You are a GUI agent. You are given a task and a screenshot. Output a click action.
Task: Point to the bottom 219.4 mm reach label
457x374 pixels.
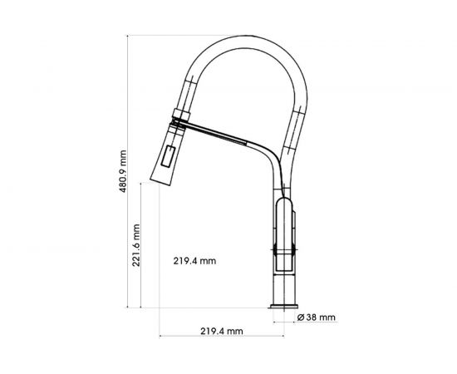coord(221,331)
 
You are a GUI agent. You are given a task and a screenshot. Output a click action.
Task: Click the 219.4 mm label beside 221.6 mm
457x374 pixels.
coord(195,261)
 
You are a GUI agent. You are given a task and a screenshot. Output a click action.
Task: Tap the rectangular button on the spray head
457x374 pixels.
coord(170,155)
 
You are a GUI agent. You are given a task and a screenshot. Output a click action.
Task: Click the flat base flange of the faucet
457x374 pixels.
coord(285,312)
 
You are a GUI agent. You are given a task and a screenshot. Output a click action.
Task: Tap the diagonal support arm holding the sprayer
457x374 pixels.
coord(228,133)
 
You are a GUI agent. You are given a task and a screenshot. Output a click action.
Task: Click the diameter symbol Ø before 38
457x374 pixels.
coord(301,317)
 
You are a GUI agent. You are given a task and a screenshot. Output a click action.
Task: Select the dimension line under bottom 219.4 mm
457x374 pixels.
coord(221,337)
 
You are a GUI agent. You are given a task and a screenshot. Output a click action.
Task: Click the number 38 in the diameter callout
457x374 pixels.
coord(311,317)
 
